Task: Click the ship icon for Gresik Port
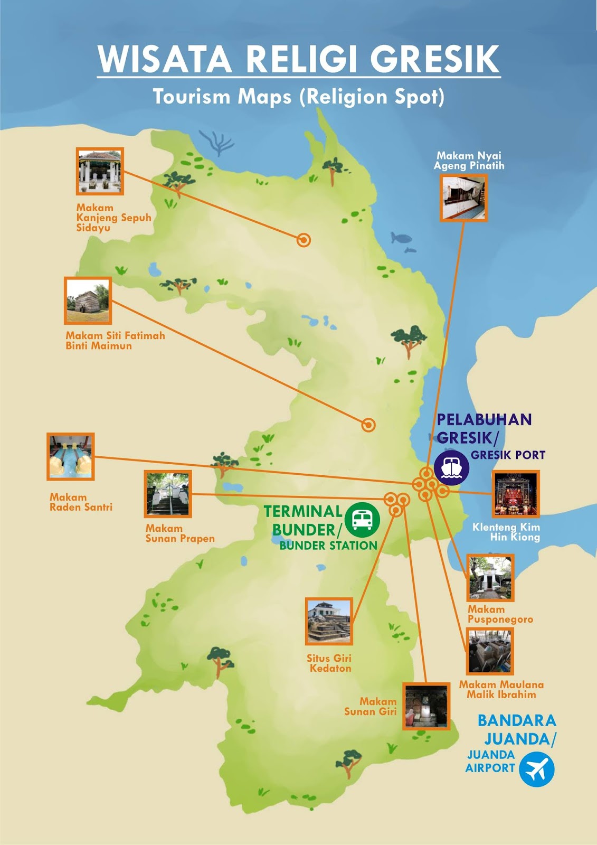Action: pos(451,467)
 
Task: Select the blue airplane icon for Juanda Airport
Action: pos(536,769)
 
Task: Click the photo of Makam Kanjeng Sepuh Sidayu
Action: pos(100,171)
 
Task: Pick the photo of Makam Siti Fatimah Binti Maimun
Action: pos(88,301)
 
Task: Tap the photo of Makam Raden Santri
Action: pos(71,456)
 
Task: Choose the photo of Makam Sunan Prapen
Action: pos(168,494)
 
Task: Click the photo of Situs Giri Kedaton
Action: pos(329,622)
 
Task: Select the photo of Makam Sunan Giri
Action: pos(426,706)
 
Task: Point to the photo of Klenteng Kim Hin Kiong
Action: pos(516,494)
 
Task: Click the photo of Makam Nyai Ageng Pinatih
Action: pos(463,198)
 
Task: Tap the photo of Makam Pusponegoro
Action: pos(490,578)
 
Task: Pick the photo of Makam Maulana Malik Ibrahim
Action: pos(489,652)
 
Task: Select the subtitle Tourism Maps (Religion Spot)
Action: pos(299,97)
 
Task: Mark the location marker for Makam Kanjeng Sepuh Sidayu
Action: pos(304,240)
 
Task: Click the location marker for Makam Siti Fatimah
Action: pos(368,425)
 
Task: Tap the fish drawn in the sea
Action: pos(401,238)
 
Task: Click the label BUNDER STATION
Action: pos(328,546)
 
